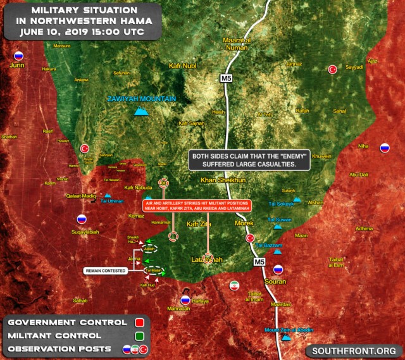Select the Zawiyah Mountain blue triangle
click(142, 113)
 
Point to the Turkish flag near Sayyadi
click(332, 70)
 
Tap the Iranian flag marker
click(234, 285)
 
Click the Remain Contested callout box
click(105, 271)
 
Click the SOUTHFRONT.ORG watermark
click(353, 350)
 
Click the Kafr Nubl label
click(184, 66)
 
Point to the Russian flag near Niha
click(384, 149)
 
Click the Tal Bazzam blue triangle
click(277, 251)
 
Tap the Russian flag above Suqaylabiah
click(81, 220)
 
